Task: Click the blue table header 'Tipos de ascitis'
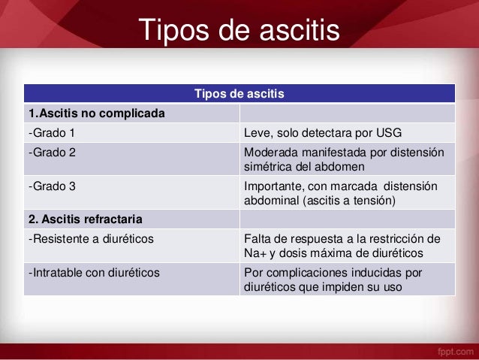pos(239,94)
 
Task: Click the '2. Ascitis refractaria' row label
pos(85,219)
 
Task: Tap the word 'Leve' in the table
pos(258,134)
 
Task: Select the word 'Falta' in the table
pos(259,239)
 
